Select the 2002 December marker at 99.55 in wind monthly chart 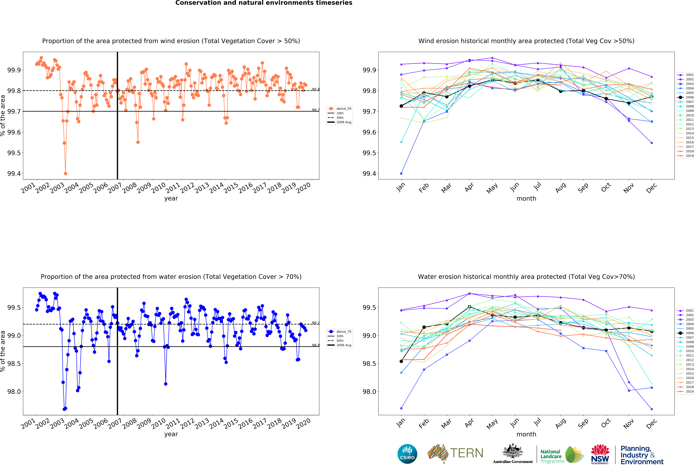coord(652,143)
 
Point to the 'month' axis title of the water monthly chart coord(526,434)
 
